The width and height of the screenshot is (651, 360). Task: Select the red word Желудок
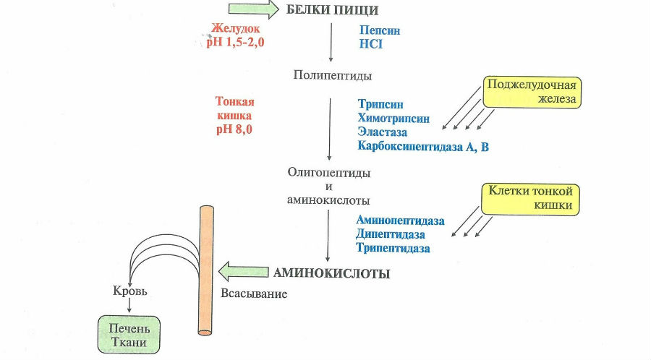235,29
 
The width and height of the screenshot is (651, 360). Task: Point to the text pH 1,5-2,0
234,43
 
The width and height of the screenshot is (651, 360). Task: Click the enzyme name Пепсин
380,31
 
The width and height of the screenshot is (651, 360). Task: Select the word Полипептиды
328,74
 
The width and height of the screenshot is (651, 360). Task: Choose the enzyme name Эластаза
382,132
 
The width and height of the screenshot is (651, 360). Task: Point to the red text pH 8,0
234,130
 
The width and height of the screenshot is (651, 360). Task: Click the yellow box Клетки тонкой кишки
530,199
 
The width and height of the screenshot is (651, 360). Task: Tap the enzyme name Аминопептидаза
400,220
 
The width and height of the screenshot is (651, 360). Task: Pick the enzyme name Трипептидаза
393,248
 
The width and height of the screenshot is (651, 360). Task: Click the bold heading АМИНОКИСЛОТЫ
331,273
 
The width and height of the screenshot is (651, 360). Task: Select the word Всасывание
253,294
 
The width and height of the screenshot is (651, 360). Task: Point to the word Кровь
130,291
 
